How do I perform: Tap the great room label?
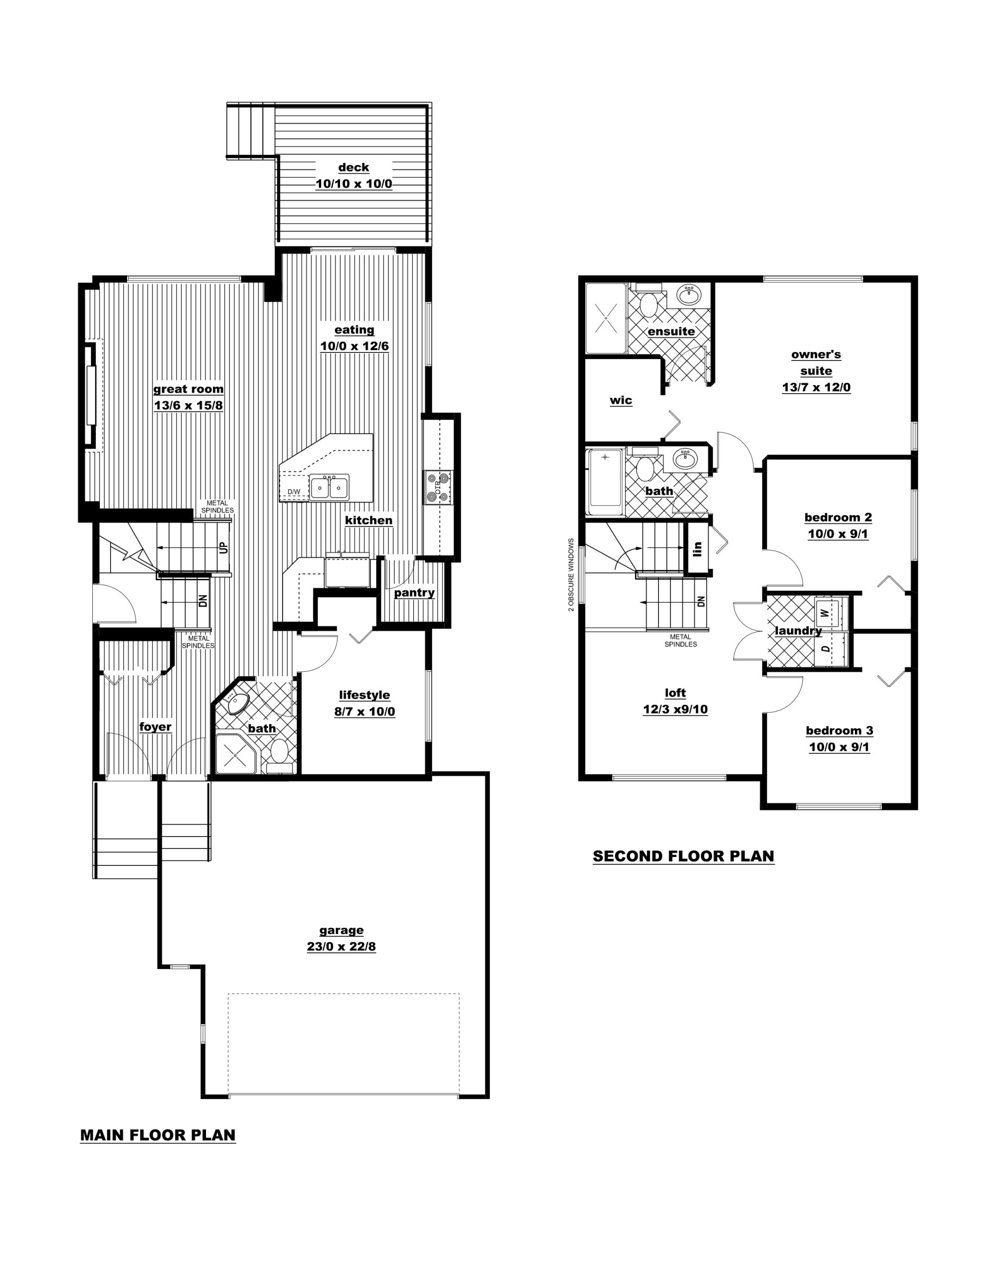pyautogui.click(x=188, y=389)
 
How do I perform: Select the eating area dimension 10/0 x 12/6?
pyautogui.click(x=354, y=346)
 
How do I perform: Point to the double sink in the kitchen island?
pyautogui.click(x=329, y=488)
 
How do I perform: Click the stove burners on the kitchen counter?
pyautogui.click(x=438, y=487)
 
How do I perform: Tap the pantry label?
pyautogui.click(x=414, y=593)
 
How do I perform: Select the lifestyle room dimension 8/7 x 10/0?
pyautogui.click(x=364, y=712)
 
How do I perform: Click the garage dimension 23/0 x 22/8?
pyautogui.click(x=341, y=947)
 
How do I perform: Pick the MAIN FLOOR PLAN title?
pyautogui.click(x=158, y=1135)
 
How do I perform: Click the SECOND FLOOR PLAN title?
pyautogui.click(x=684, y=856)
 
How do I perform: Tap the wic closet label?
pyautogui.click(x=621, y=400)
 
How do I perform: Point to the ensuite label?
pyautogui.click(x=671, y=332)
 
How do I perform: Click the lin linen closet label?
pyautogui.click(x=698, y=548)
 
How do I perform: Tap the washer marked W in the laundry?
pyautogui.click(x=824, y=612)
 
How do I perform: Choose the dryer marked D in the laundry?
pyautogui.click(x=824, y=648)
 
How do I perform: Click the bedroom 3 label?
pyautogui.click(x=840, y=730)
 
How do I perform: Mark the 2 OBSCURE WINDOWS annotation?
pyautogui.click(x=571, y=574)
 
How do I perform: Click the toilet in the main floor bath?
pyautogui.click(x=280, y=754)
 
